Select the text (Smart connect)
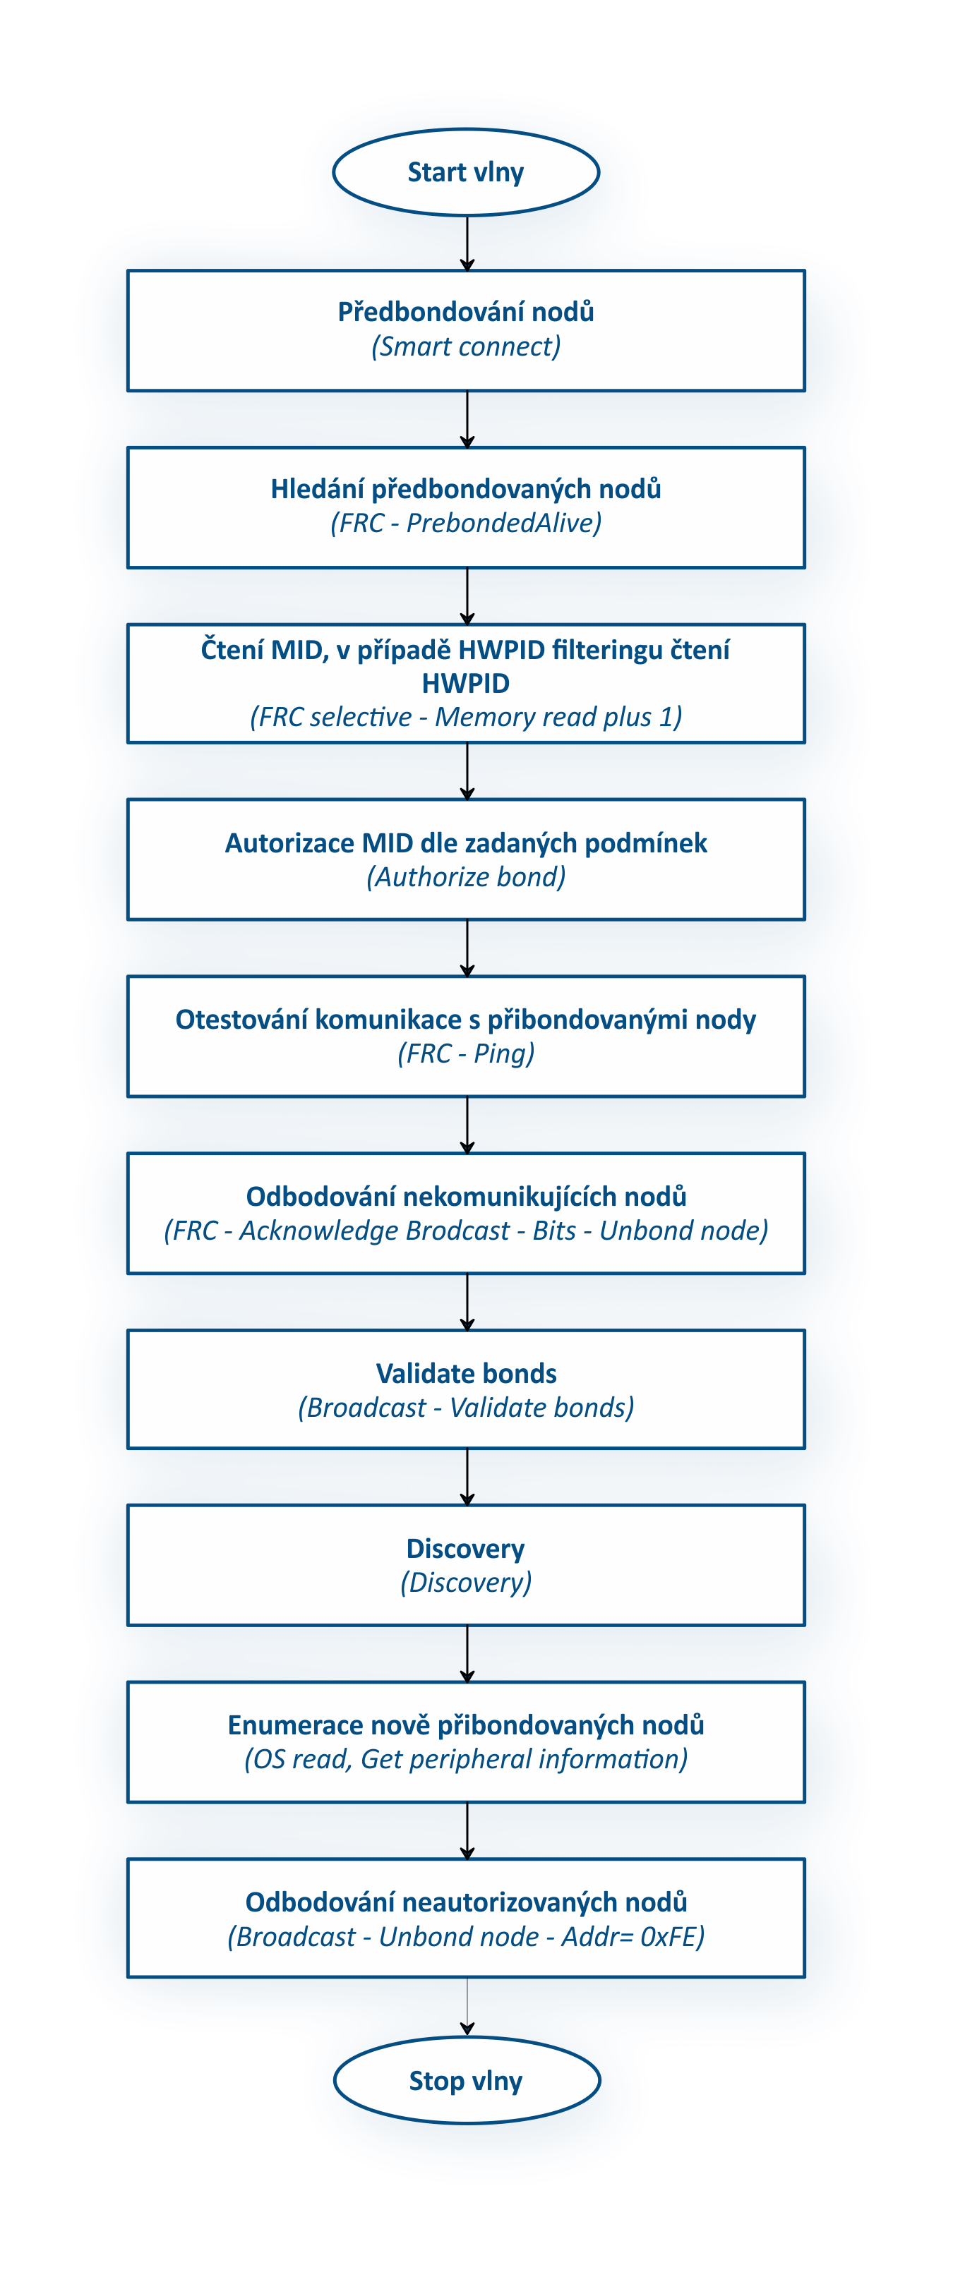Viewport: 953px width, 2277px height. click(x=466, y=346)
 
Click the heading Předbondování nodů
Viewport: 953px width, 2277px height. click(x=466, y=311)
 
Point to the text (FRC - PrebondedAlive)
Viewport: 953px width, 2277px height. click(x=466, y=524)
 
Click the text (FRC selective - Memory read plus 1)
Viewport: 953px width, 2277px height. click(x=466, y=717)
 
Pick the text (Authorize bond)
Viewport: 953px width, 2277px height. click(x=466, y=877)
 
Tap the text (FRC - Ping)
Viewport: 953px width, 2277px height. click(x=466, y=1053)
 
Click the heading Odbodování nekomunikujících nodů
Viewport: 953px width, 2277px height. click(x=466, y=1197)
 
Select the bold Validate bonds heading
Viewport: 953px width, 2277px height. click(x=466, y=1374)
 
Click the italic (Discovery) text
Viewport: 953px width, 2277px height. click(x=466, y=1582)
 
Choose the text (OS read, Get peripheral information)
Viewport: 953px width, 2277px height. click(x=466, y=1759)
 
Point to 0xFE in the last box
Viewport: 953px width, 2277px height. click(x=669, y=1937)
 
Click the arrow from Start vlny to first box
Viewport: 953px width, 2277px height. click(x=467, y=243)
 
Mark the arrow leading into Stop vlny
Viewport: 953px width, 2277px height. click(x=467, y=2007)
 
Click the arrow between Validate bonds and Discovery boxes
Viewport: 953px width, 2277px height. click(x=467, y=1477)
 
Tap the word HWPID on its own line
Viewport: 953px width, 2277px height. click(x=466, y=683)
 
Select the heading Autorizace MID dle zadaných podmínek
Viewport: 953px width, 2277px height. click(x=466, y=843)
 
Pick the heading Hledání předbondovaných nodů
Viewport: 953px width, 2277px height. click(x=466, y=489)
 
